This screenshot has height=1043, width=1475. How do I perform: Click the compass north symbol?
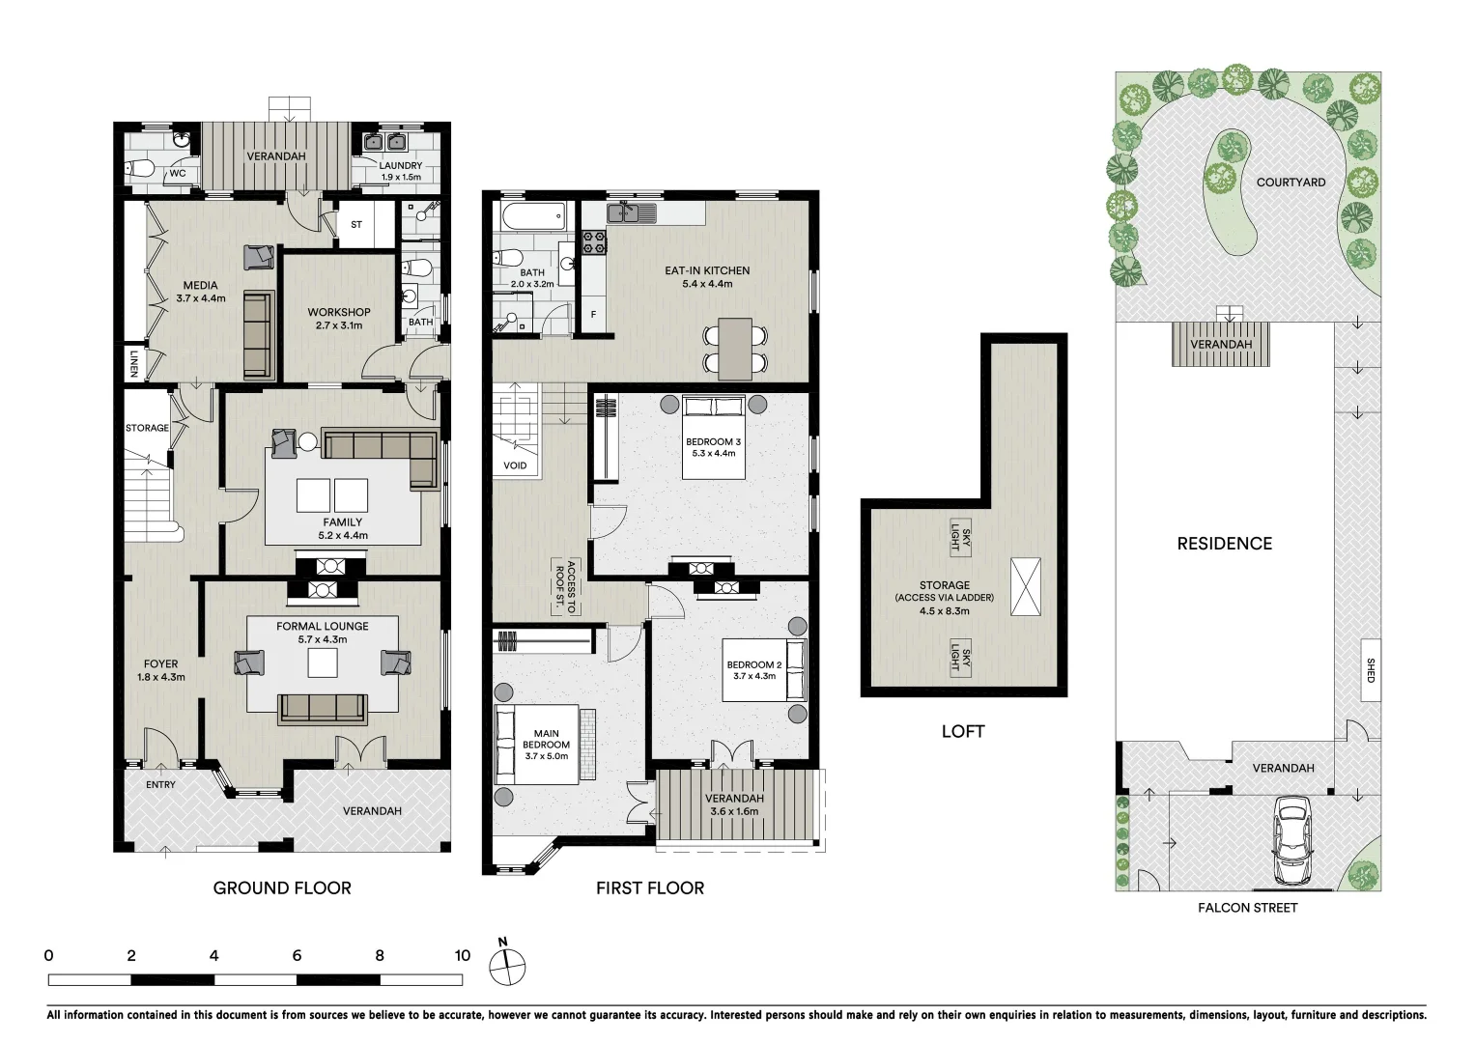pos(506,964)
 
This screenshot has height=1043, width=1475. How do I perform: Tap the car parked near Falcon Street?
pos(1291,839)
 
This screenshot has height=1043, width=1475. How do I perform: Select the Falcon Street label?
pos(1247,908)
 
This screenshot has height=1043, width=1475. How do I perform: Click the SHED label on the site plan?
pos(1370,670)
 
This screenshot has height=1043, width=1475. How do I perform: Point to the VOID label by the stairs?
pos(516,465)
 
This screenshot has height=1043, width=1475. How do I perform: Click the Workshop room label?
pos(338,318)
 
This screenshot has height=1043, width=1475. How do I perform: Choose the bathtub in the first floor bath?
pos(532,215)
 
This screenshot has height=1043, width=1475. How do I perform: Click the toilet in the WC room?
pos(141,170)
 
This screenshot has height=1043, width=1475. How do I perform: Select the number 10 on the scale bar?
pos(462,956)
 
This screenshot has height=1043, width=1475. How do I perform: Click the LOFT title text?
pos(962,731)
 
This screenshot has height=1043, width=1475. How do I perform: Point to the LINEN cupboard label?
pos(133,362)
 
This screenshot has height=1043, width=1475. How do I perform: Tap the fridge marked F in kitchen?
pos(593,315)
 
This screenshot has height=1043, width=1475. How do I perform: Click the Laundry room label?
pos(400,171)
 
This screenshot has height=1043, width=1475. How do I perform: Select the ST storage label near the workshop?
pos(356,225)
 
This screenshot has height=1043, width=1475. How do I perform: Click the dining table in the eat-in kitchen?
pos(735,348)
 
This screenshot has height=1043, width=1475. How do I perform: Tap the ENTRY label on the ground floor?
pos(160,784)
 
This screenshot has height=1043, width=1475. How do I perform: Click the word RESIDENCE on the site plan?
pos(1224,544)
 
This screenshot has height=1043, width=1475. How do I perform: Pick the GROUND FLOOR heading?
pos(282,888)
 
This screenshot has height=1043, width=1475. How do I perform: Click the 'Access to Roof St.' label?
pos(565,587)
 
